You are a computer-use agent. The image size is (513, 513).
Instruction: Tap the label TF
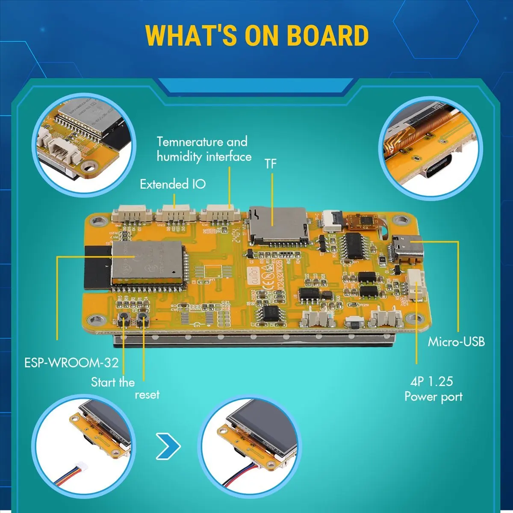[x=270, y=164]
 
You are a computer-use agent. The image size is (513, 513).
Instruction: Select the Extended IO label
[x=172, y=184]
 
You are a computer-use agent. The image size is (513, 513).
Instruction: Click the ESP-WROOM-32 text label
[x=71, y=363]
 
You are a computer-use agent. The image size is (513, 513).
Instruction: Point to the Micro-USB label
[x=456, y=342]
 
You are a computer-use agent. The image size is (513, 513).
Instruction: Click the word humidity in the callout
[x=180, y=157]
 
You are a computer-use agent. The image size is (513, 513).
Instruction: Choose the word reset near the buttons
[x=147, y=395]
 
